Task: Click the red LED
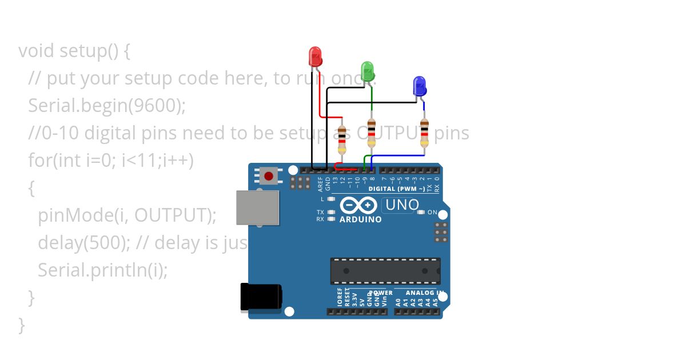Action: tap(315, 56)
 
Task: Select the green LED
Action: tap(368, 71)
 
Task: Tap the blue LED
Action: tap(419, 86)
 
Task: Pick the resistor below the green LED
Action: tap(372, 133)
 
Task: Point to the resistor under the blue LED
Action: tap(424, 133)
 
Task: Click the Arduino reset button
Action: tap(268, 175)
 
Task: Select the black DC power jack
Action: tap(261, 298)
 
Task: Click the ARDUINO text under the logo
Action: tap(360, 219)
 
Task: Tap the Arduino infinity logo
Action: tap(358, 205)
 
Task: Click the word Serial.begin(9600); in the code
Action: tap(107, 105)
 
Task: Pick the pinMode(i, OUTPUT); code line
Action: tap(127, 215)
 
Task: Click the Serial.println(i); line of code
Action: tap(103, 270)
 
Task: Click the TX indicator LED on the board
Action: tap(332, 212)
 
